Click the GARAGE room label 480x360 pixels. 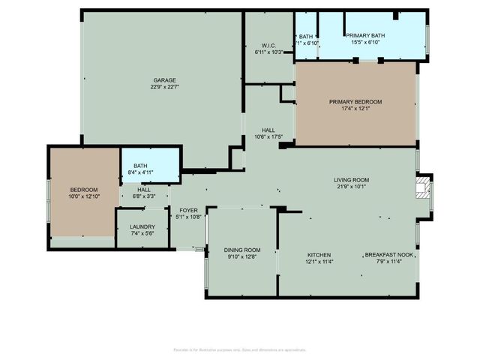pyautogui.click(x=165, y=80)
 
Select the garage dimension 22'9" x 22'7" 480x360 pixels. pyautogui.click(x=165, y=88)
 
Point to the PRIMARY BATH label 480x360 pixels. pyautogui.click(x=365, y=35)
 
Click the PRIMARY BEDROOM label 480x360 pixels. pyautogui.click(x=355, y=101)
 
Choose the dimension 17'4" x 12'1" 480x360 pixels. pyautogui.click(x=355, y=109)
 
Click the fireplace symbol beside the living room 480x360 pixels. pyautogui.click(x=424, y=186)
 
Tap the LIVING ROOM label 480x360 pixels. pyautogui.click(x=351, y=179)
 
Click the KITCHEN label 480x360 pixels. pyautogui.click(x=319, y=255)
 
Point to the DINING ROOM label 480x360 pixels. pyautogui.click(x=241, y=250)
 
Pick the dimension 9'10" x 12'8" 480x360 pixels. pyautogui.click(x=241, y=257)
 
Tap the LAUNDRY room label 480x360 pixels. pyautogui.click(x=142, y=226)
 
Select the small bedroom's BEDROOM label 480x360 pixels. pyautogui.click(x=84, y=190)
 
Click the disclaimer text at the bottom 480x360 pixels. pyautogui.click(x=240, y=349)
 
